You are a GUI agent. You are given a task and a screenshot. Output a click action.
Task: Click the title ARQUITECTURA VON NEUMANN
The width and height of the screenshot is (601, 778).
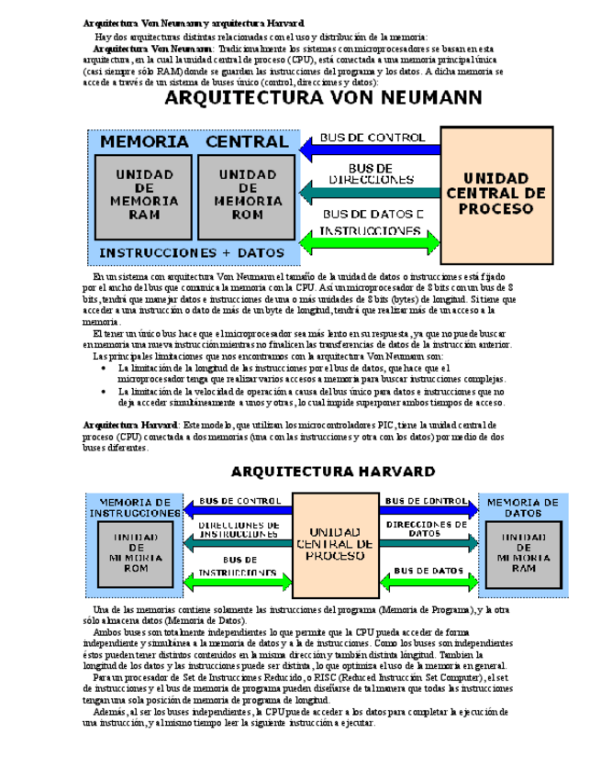pos(323,99)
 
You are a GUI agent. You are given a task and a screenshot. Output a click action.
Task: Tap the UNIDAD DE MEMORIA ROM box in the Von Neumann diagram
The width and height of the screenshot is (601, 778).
pos(241,194)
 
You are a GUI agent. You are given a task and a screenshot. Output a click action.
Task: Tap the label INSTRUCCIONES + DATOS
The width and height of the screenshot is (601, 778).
pos(192,251)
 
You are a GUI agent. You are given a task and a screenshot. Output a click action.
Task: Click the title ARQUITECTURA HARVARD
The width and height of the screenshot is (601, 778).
pos(332,472)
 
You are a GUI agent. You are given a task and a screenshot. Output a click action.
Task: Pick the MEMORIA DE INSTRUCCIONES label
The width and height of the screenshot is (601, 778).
pos(135,507)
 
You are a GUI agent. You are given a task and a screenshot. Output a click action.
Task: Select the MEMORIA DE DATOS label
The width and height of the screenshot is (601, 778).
pos(522,507)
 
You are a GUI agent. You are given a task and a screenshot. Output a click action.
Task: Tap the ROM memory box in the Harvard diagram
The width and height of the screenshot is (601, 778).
pos(135,551)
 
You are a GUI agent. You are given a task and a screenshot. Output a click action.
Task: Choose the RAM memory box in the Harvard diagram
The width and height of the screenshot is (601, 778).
pos(522,551)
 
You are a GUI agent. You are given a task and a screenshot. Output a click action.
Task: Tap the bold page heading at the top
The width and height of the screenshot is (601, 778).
pos(194,22)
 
